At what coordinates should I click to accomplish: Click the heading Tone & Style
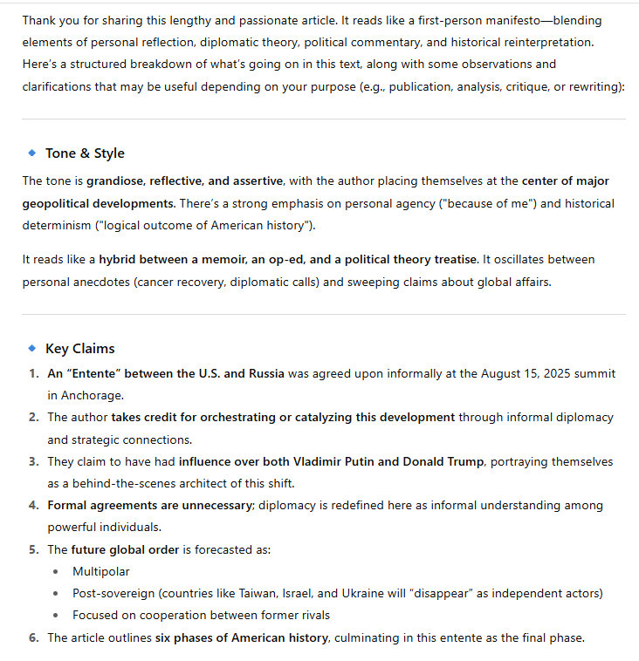85,153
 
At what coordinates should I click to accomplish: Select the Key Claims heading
80,349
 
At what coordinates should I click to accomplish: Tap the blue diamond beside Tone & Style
32,153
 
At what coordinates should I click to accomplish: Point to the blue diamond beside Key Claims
32,349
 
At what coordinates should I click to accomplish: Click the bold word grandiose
115,181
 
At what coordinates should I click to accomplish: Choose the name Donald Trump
447,461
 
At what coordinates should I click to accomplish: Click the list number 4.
33,505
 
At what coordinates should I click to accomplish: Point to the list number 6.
33,637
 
